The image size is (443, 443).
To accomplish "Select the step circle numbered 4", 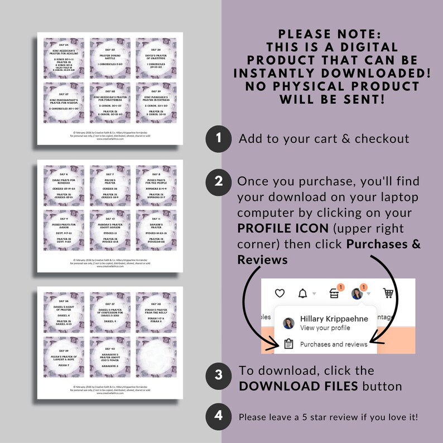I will [x=219, y=416].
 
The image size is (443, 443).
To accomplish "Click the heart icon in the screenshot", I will [x=280, y=293].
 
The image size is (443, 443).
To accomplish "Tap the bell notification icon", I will [x=303, y=293].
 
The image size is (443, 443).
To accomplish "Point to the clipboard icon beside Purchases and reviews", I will [x=288, y=344].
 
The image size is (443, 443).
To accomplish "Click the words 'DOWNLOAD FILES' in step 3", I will [x=298, y=386].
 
